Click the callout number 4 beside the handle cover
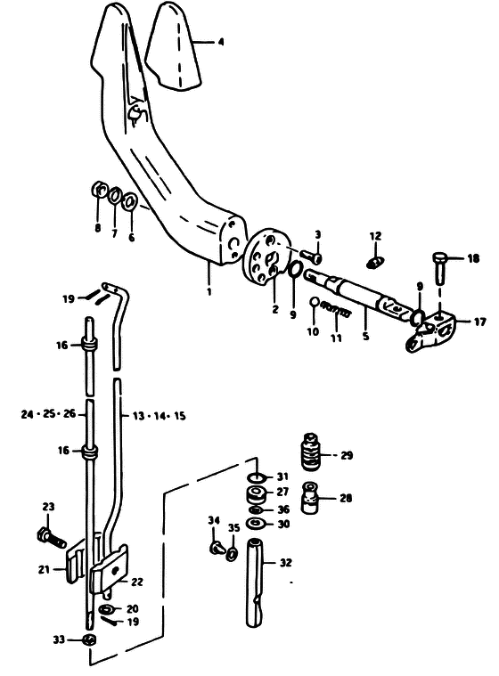click(x=220, y=42)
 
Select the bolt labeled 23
click(x=52, y=537)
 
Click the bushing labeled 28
click(x=311, y=498)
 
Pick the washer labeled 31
click(x=257, y=477)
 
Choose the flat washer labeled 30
click(x=256, y=525)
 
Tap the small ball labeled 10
click(x=314, y=302)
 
